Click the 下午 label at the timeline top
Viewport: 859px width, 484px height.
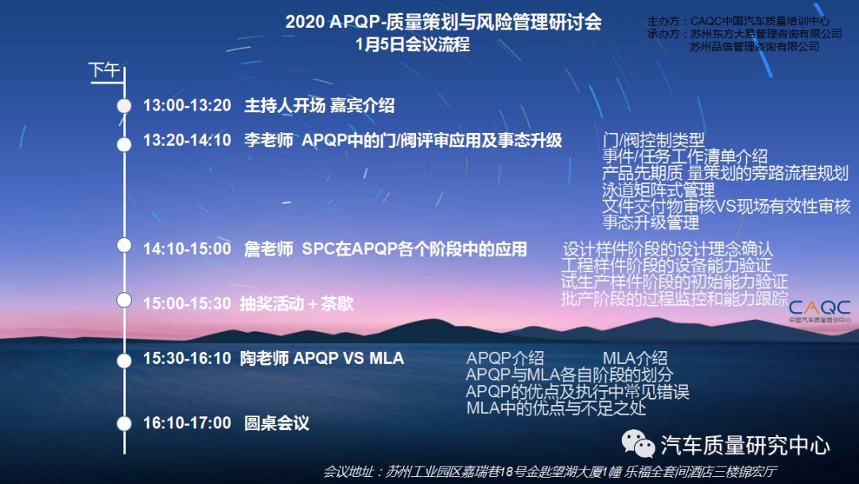[x=104, y=70]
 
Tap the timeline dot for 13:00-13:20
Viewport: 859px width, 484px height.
[x=124, y=106]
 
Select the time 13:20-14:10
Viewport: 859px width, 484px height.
[x=188, y=140]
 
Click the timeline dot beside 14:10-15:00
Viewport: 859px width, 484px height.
[x=124, y=245]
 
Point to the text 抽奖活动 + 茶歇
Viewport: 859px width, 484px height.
[x=297, y=303]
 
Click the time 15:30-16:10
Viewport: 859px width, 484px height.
[x=188, y=358]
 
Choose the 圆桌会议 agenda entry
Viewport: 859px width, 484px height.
[x=277, y=423]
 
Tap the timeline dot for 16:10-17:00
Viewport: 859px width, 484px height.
[x=124, y=423]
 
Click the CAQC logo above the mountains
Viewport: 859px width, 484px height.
[x=819, y=310]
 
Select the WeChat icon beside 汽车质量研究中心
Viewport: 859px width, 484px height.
[x=638, y=443]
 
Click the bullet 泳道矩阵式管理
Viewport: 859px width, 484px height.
[x=658, y=190]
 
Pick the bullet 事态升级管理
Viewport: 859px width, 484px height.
[x=651, y=223]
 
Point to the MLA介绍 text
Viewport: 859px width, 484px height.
[x=635, y=358]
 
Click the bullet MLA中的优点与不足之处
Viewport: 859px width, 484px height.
[x=556, y=408]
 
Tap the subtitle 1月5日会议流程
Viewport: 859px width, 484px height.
[x=413, y=45]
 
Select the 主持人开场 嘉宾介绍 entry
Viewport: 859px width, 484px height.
[x=319, y=105]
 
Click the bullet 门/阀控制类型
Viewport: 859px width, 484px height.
[x=653, y=140]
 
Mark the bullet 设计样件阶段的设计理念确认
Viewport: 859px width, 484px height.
[x=668, y=249]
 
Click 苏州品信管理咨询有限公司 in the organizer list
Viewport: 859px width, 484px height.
[x=754, y=47]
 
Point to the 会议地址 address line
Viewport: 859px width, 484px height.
[x=550, y=472]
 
